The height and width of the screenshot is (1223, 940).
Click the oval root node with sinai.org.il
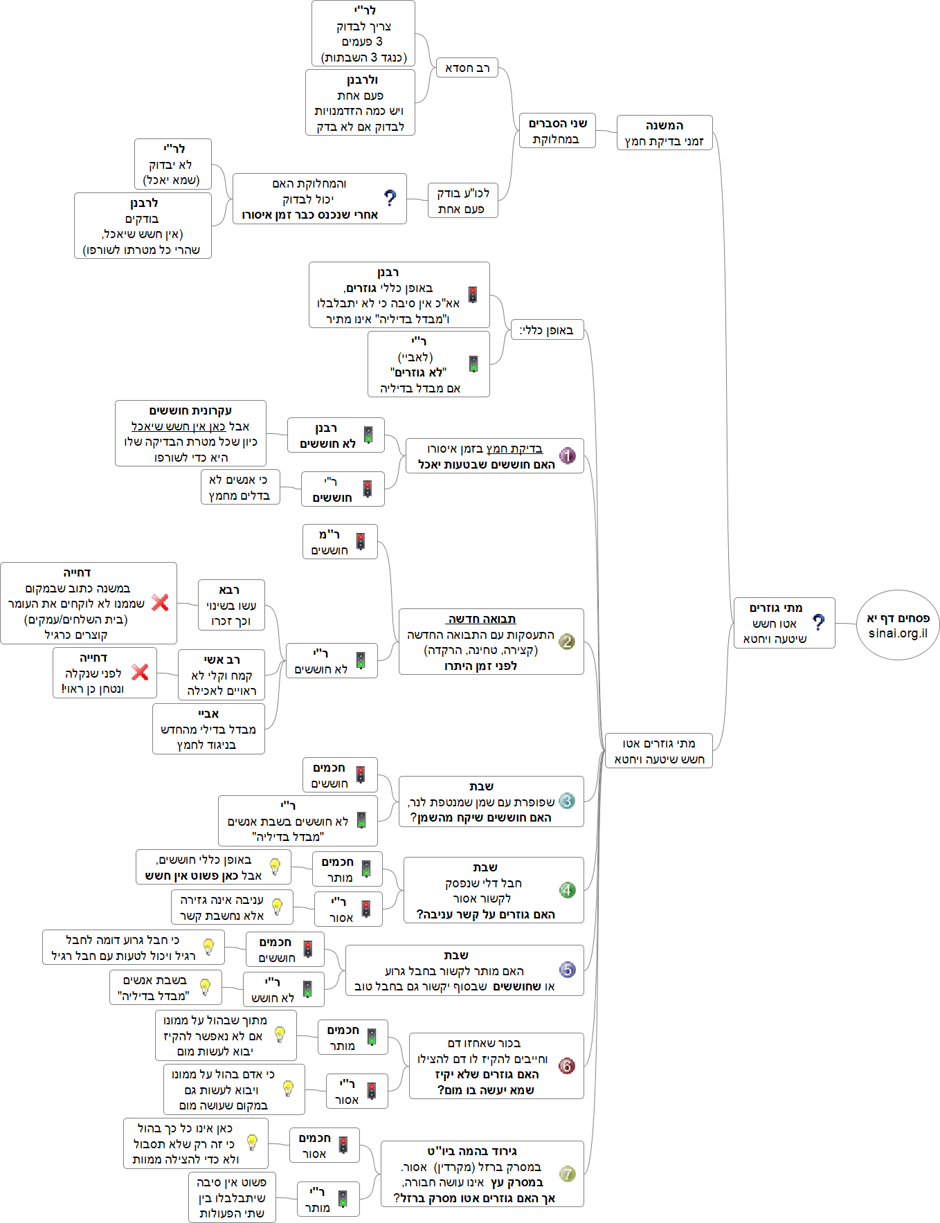(898, 625)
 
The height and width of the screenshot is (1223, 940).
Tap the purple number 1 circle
(568, 455)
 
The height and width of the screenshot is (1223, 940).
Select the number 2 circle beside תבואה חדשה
(567, 642)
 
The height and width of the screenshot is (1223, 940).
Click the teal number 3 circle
(567, 801)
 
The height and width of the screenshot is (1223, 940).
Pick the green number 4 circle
(568, 890)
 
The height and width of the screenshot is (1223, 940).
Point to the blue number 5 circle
(568, 970)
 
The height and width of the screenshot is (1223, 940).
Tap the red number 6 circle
(567, 1066)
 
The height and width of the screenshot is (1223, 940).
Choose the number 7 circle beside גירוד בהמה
(568, 1174)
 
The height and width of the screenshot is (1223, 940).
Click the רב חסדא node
(467, 68)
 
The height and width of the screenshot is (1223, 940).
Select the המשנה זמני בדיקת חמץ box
(664, 133)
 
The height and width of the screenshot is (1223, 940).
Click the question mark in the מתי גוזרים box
(819, 622)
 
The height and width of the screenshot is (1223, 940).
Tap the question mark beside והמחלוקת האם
(390, 199)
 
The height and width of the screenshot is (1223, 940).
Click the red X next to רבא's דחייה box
(160, 602)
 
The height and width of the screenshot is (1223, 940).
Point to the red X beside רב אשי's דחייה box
(140, 671)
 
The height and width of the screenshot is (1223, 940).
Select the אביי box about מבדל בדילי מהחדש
(208, 729)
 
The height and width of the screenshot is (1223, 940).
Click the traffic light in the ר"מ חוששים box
(361, 541)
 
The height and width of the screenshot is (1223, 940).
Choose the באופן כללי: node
(547, 330)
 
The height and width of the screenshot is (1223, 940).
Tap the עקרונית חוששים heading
(190, 410)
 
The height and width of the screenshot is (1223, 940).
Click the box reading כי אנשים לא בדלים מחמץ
(239, 487)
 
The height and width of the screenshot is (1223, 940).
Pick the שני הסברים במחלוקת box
(557, 131)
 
